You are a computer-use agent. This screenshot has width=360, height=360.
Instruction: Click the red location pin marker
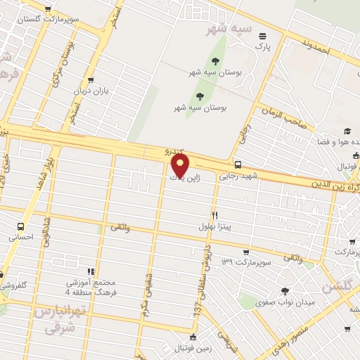pyautogui.click(x=181, y=166)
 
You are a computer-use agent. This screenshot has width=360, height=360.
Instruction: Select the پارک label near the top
pyautogui.click(x=262, y=46)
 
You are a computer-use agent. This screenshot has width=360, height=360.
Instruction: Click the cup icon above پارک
pyautogui.click(x=263, y=36)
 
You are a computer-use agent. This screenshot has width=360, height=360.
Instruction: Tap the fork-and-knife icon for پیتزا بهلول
pyautogui.click(x=215, y=216)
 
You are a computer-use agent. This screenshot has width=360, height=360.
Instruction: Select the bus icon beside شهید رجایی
pyautogui.click(x=238, y=165)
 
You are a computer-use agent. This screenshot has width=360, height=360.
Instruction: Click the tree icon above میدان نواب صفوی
pyautogui.click(x=285, y=291)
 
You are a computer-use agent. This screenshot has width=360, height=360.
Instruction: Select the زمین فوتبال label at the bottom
pyautogui.click(x=193, y=348)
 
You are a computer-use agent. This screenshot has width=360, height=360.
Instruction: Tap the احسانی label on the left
pyautogui.click(x=20, y=238)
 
